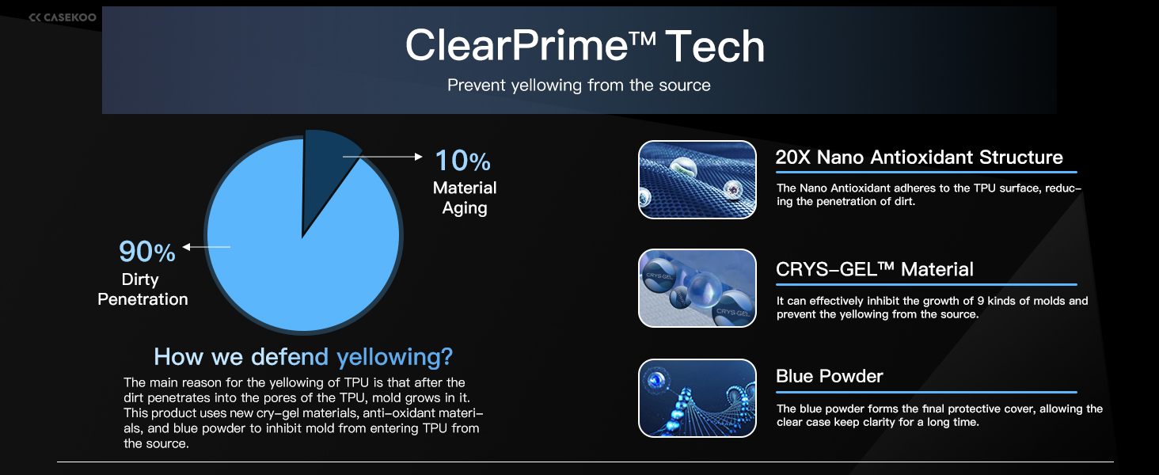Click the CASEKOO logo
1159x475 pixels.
pos(63,17)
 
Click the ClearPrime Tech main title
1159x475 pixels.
pos(585,46)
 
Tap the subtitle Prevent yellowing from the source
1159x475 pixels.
pos(579,85)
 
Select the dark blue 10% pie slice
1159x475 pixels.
pos(326,171)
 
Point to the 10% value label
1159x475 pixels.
pos(462,161)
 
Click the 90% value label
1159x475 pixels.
pos(147,252)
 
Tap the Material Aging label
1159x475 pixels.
pos(465,198)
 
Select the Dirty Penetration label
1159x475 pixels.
pos(142,289)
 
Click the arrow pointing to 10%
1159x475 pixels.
pos(382,156)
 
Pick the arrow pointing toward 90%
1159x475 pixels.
pos(207,247)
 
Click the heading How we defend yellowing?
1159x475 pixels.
pos(303,356)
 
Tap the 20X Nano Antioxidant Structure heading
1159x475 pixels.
pos(919,157)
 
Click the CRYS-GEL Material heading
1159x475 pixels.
pos(875,269)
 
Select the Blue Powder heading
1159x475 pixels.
pos(830,376)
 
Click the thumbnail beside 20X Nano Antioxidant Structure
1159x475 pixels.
pos(697,180)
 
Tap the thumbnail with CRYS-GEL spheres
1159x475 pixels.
pos(697,288)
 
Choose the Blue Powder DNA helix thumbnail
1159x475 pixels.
pos(697,398)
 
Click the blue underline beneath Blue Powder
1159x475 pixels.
pos(926,392)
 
